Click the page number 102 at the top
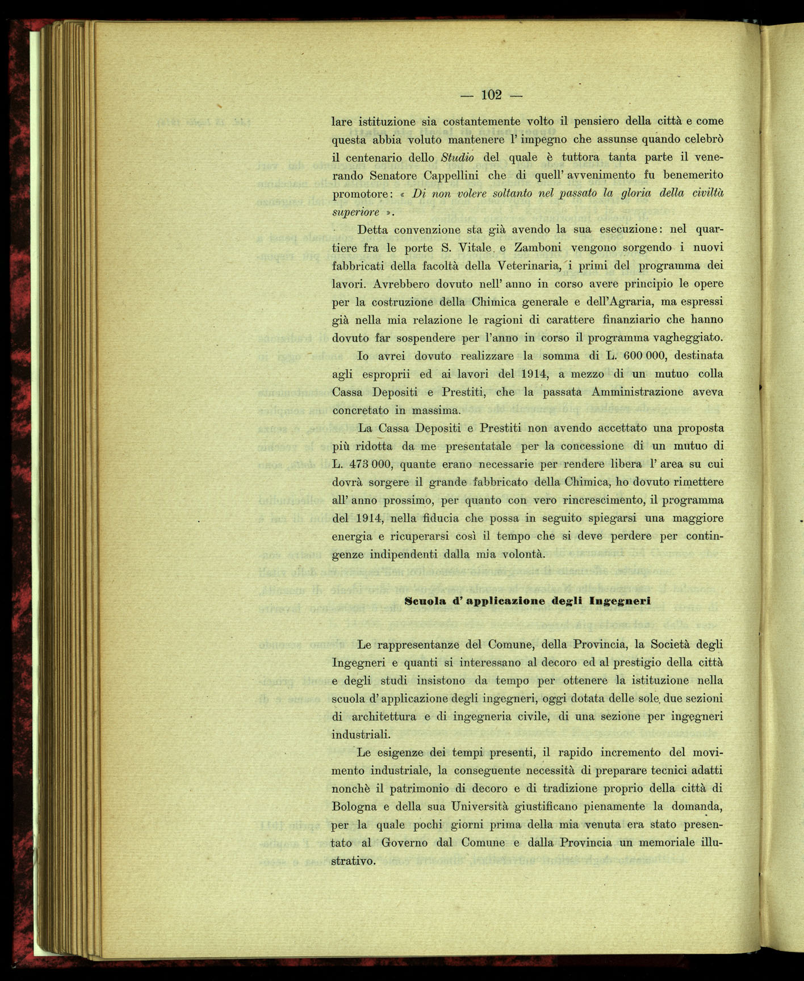(x=491, y=95)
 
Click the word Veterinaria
(x=529, y=266)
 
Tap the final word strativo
(x=353, y=861)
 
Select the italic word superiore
(x=355, y=212)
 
